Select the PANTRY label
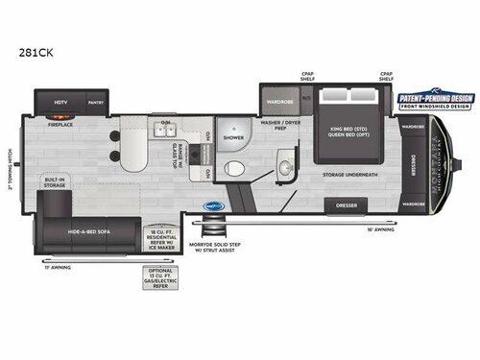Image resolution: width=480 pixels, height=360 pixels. pyautogui.click(x=96, y=101)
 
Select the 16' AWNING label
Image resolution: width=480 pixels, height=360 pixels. pyautogui.click(x=380, y=229)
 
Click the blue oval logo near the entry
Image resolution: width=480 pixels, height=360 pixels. pyautogui.click(x=214, y=204)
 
